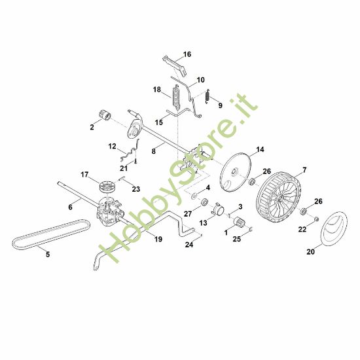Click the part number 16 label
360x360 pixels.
point(187,54)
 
